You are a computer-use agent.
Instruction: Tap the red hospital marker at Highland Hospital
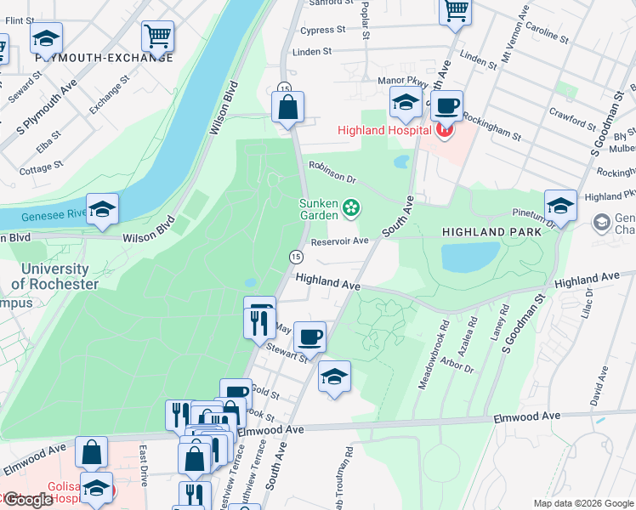point(442,130)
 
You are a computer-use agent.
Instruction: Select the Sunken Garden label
point(320,208)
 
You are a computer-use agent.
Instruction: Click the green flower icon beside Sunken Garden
point(350,207)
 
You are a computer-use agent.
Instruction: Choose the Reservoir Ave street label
point(339,241)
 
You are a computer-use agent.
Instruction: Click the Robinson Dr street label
point(332,172)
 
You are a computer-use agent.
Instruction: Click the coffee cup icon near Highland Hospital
point(446,106)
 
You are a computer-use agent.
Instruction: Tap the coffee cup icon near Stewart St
point(311,337)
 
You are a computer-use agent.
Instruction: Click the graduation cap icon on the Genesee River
point(102,209)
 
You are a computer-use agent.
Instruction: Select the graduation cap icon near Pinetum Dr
point(560,205)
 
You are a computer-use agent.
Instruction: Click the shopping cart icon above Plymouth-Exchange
point(157,36)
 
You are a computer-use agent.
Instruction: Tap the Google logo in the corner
point(28,500)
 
